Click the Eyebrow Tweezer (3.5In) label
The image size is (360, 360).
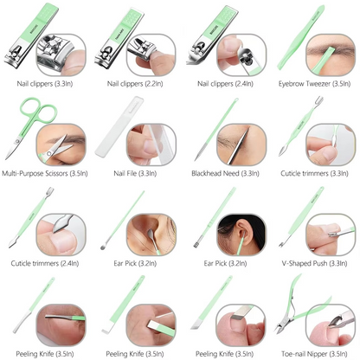(x=314, y=84)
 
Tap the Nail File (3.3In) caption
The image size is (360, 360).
(x=135, y=173)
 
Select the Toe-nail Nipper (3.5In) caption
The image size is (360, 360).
(x=314, y=354)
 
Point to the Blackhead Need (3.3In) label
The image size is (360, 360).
(x=225, y=173)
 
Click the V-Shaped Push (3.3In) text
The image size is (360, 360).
(x=314, y=263)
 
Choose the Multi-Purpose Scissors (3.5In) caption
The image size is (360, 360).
(x=45, y=173)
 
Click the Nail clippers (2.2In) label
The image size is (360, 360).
(x=135, y=84)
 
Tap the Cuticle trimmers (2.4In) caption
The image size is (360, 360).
(x=45, y=263)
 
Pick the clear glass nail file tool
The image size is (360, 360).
(x=119, y=127)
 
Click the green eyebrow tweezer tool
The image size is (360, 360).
(x=300, y=37)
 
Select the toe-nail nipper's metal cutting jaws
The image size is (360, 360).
(x=281, y=326)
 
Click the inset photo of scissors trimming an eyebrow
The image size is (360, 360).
(x=61, y=145)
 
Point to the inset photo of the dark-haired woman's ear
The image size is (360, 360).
(x=241, y=235)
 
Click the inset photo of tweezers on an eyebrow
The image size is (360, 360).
(x=331, y=55)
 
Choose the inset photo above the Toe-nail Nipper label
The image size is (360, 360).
(x=331, y=325)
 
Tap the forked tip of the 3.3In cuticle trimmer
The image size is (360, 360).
(x=318, y=100)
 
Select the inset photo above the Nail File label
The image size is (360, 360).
(x=151, y=145)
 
